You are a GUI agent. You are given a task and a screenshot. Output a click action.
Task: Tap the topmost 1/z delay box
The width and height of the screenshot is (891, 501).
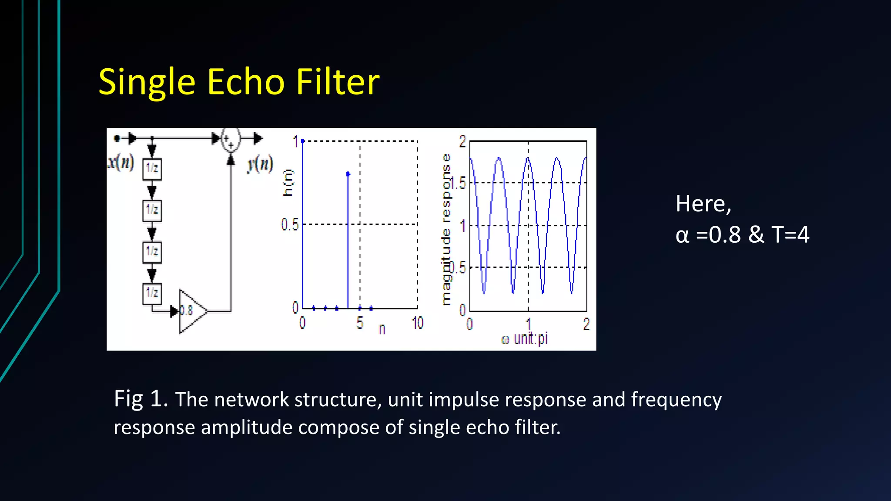(x=152, y=169)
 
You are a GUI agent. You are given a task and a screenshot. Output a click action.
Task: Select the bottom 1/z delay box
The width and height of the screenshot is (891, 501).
(x=152, y=293)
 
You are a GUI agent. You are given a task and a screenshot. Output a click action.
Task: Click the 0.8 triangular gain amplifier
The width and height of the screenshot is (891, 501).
(x=191, y=311)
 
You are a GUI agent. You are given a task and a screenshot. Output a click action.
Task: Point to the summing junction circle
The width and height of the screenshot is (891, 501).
(x=231, y=140)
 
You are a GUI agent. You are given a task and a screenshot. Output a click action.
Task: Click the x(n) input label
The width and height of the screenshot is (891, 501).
(x=121, y=163)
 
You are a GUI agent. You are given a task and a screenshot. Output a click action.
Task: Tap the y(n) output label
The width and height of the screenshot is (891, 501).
(x=260, y=164)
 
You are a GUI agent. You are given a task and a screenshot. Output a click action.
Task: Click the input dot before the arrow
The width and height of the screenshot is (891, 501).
(x=117, y=139)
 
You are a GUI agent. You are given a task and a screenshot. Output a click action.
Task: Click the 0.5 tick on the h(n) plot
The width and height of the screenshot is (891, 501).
(x=290, y=225)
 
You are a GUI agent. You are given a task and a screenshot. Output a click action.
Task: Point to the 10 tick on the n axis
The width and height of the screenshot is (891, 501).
(x=417, y=323)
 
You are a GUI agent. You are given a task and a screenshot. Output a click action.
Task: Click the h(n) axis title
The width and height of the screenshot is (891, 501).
(x=288, y=183)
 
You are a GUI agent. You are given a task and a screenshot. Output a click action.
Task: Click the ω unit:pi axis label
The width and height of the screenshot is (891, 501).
(x=525, y=339)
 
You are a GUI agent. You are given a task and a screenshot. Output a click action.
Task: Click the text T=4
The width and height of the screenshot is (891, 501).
(x=790, y=235)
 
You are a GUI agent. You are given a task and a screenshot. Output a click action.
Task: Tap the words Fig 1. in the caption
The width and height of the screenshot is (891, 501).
(x=141, y=399)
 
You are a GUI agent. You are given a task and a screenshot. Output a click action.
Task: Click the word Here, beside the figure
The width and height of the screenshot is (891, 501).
(x=703, y=204)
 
